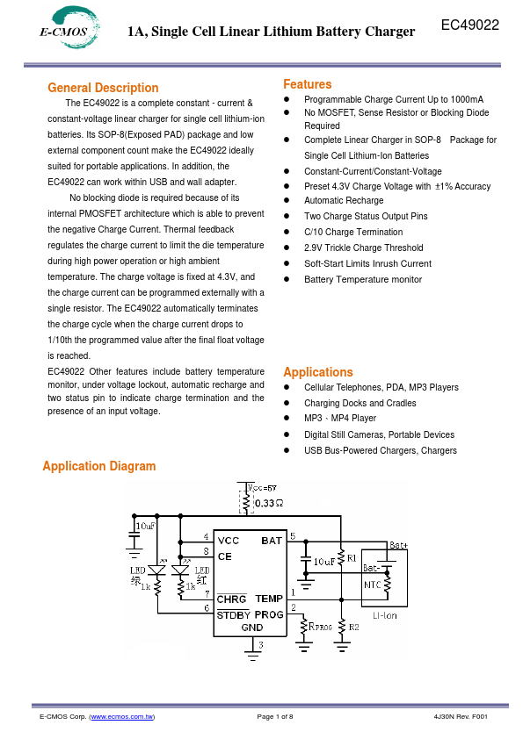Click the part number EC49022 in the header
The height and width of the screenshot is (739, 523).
(x=469, y=26)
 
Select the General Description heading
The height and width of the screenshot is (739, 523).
(x=103, y=88)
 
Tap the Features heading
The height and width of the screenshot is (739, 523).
(x=307, y=84)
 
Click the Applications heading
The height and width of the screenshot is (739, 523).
(x=317, y=372)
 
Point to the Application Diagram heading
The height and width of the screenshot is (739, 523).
(x=99, y=466)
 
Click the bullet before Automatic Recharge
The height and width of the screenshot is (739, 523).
(x=287, y=201)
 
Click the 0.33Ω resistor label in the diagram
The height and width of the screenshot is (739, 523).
(x=268, y=504)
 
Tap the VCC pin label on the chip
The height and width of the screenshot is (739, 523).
(x=228, y=541)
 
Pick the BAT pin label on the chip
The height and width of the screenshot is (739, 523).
(x=271, y=541)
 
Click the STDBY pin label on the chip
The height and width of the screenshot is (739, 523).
(x=234, y=614)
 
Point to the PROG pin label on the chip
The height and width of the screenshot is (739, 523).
(x=269, y=614)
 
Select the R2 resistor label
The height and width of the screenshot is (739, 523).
(x=354, y=627)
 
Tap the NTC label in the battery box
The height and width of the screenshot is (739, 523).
(x=373, y=583)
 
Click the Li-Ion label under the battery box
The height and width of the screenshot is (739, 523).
(x=384, y=614)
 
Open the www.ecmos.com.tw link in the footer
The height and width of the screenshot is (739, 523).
(x=122, y=717)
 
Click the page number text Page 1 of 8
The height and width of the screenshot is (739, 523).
(x=275, y=717)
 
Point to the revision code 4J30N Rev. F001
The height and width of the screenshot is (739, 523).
(x=461, y=717)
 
